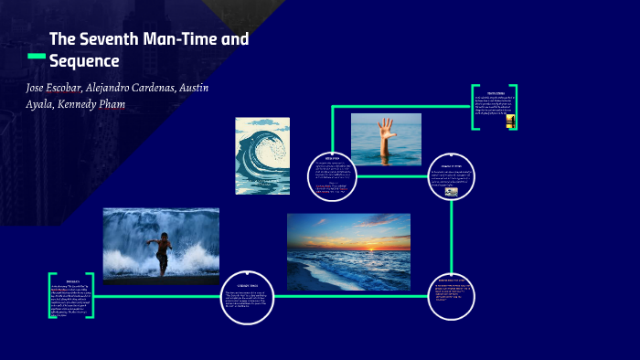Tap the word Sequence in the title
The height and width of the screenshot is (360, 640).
84,62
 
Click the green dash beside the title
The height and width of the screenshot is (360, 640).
37,57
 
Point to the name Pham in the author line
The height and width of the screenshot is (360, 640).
107,104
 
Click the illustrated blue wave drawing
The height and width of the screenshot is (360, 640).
262,155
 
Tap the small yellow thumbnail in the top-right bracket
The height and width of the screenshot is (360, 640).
510,120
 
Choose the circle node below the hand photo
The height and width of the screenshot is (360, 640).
332,175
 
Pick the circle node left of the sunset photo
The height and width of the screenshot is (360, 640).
249,295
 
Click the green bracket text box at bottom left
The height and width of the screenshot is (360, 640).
71,295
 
